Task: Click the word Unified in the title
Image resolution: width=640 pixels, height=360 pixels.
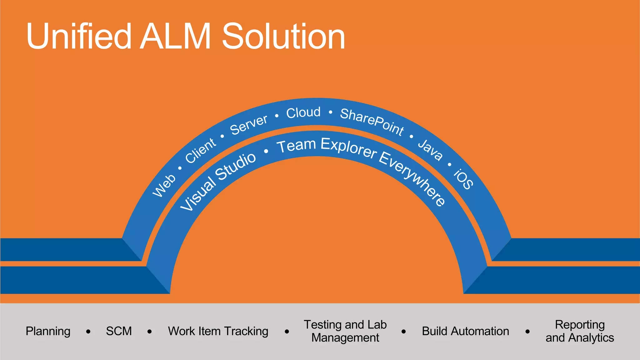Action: click(79, 37)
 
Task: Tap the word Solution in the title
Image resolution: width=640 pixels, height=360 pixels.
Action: click(283, 37)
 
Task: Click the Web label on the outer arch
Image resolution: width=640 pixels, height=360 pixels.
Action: click(164, 186)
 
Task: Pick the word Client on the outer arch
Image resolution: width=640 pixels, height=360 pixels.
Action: click(200, 150)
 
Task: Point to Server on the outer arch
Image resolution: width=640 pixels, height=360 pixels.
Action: click(249, 125)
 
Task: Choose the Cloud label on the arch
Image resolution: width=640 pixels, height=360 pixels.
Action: click(303, 112)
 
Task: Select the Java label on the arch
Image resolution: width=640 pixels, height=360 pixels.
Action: click(431, 150)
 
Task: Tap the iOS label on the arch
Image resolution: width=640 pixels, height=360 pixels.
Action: click(463, 179)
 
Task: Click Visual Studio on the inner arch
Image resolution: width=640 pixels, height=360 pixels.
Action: click(218, 181)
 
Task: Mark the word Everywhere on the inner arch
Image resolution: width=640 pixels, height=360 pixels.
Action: click(412, 178)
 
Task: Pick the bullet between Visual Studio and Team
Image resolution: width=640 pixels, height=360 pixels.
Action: click(266, 152)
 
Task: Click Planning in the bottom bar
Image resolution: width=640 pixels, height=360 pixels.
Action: click(48, 331)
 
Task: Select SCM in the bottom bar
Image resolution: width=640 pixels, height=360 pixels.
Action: click(119, 331)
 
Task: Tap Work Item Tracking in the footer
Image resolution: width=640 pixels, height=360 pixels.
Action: click(218, 331)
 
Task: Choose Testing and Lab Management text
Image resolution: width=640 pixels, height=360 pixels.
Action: click(345, 331)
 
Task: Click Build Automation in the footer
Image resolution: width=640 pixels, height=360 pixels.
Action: click(465, 331)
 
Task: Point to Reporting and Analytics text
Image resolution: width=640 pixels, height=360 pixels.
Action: click(580, 331)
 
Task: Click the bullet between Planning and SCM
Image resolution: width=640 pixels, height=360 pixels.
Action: click(88, 332)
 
